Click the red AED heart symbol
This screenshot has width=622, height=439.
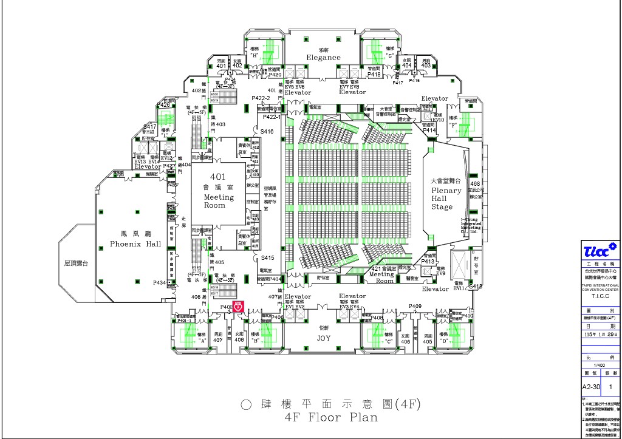[239, 307]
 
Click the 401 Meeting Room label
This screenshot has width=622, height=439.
[218, 191]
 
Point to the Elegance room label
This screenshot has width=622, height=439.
[323, 57]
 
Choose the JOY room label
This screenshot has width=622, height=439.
[324, 338]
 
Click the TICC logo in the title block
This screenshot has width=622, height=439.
[600, 250]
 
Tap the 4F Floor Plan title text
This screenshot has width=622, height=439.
[331, 417]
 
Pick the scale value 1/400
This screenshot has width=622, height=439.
[600, 365]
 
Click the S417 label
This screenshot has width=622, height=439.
[149, 127]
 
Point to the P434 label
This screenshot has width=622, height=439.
[160, 283]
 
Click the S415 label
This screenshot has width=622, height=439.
[267, 258]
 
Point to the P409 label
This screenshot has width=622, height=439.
[415, 306]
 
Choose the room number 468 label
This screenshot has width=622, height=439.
[475, 183]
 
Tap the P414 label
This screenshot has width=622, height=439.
[429, 131]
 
